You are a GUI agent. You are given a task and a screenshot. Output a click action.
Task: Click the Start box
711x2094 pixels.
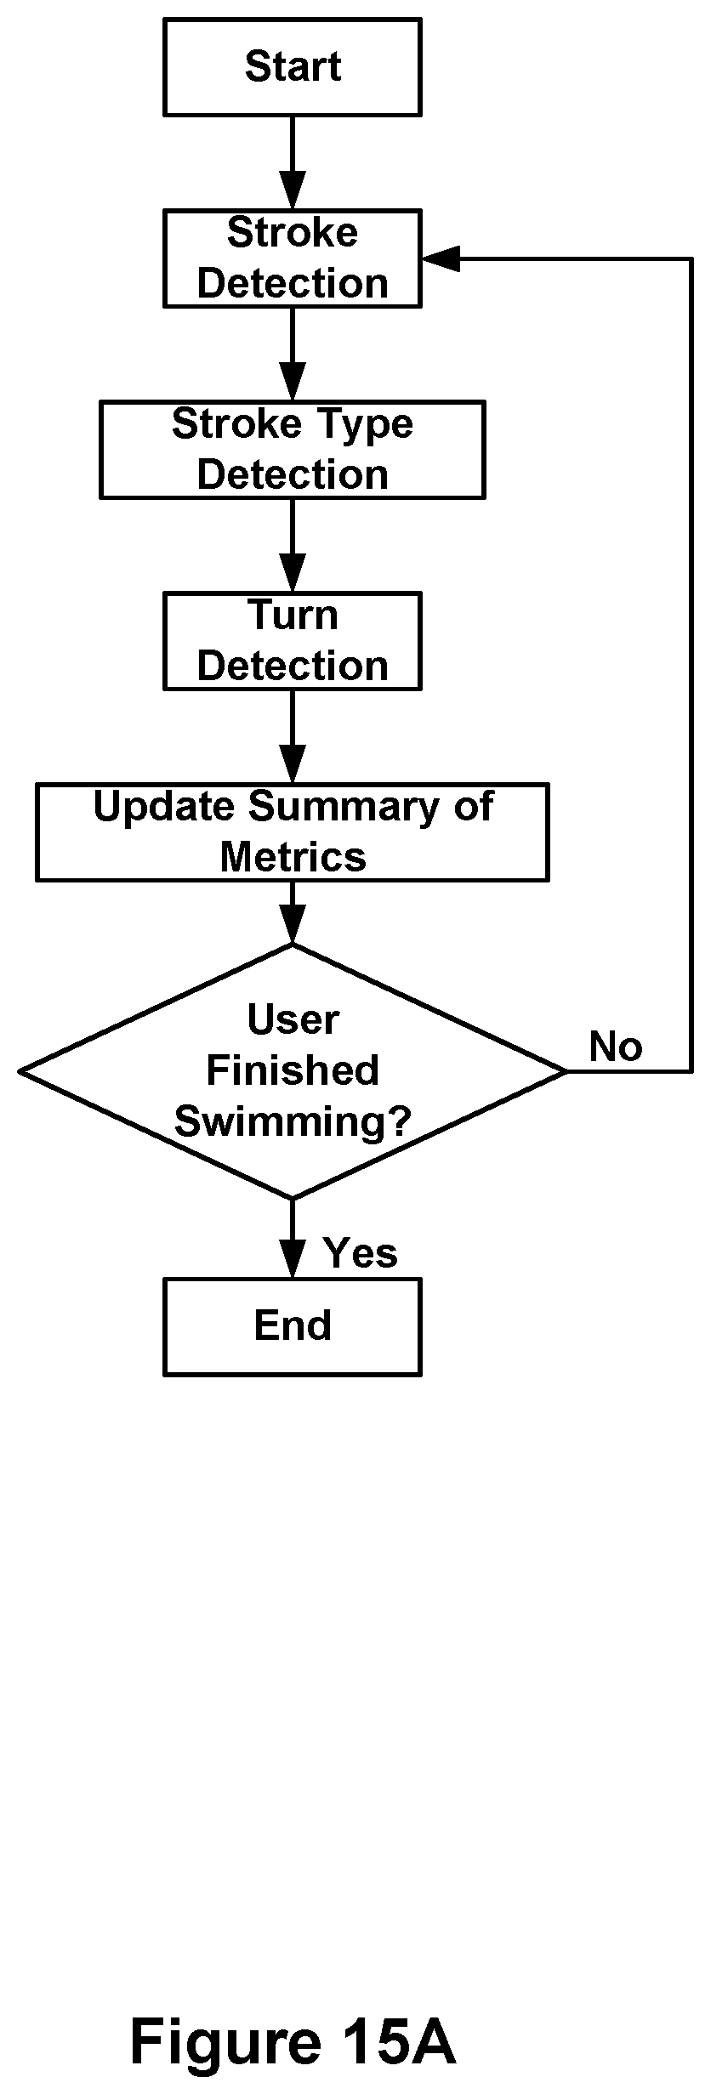coord(293,68)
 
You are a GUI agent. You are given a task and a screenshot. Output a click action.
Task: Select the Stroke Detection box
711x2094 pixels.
coord(293,258)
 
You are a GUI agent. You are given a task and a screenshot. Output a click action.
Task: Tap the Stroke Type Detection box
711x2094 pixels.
coord(293,450)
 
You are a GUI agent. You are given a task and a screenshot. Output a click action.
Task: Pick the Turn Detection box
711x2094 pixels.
coord(293,641)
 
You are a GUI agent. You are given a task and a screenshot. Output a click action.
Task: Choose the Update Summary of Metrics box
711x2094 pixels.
coord(293,832)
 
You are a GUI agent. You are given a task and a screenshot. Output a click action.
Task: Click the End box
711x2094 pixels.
coord(293,1327)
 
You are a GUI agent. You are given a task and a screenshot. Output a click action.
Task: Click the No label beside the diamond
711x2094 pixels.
coord(616,1047)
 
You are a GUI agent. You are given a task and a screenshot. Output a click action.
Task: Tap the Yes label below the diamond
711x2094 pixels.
coord(361,1253)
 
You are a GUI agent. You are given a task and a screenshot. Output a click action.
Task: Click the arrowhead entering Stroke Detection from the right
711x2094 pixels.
coord(441,258)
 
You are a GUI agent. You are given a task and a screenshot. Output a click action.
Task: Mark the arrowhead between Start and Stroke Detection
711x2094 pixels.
coord(293,191)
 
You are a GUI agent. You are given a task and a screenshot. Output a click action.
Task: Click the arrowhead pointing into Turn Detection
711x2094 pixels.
coord(293,574)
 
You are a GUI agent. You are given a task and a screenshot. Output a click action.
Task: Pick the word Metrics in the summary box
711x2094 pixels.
coord(293,857)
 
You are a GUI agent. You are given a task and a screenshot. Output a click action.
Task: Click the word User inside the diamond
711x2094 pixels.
coord(293,1020)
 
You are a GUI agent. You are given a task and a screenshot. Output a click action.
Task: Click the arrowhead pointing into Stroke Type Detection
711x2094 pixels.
coord(293,383)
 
